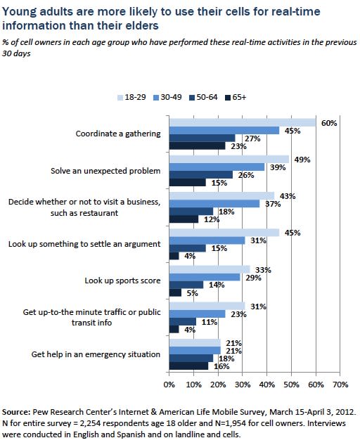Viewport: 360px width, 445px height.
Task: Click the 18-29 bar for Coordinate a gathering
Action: [x=242, y=122]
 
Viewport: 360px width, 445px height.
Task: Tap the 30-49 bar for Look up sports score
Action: [x=204, y=277]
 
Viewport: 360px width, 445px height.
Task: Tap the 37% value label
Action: [x=273, y=204]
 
